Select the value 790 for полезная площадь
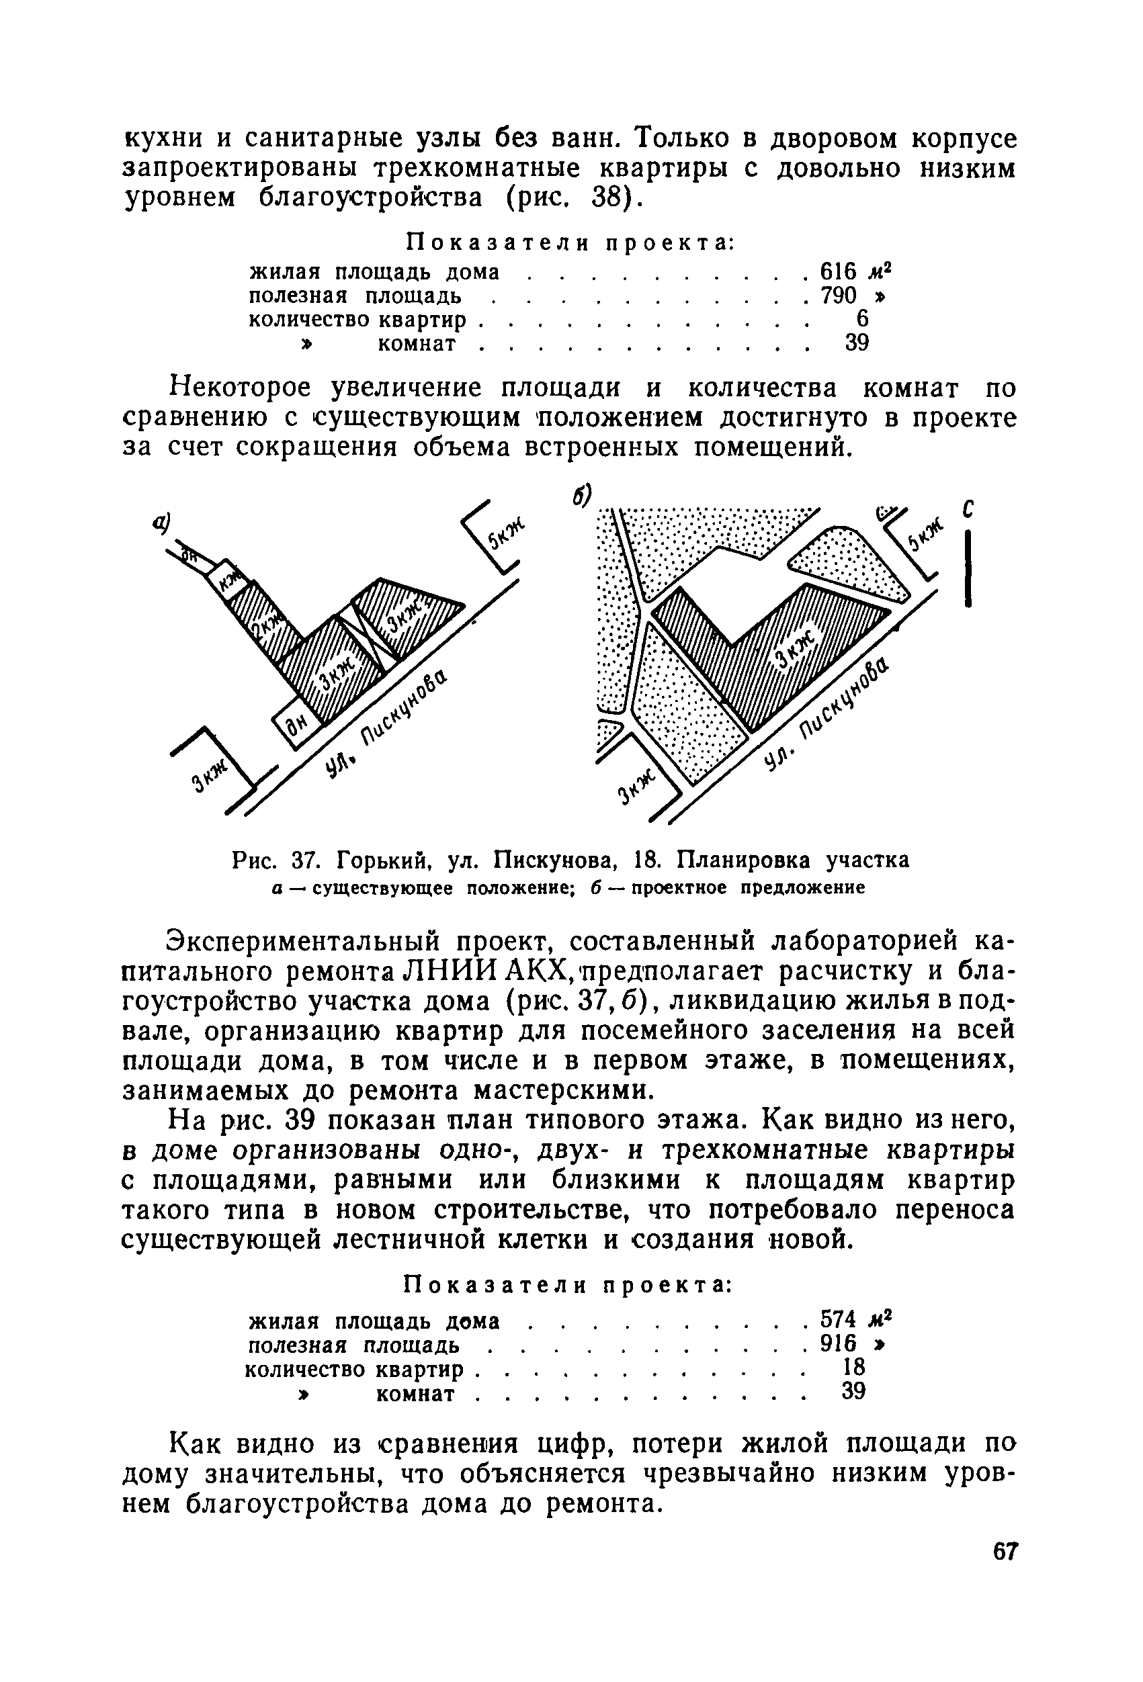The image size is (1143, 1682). [838, 296]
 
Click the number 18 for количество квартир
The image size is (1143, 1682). [854, 1366]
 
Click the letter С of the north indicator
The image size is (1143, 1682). [968, 510]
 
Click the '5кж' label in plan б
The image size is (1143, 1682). [927, 535]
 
